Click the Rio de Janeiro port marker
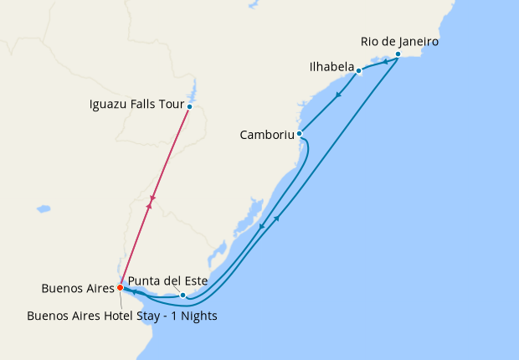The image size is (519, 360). (398, 54)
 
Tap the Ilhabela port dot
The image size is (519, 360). (358, 70)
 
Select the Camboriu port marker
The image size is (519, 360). (299, 133)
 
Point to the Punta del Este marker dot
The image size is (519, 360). (182, 296)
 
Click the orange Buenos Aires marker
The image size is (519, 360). (121, 287)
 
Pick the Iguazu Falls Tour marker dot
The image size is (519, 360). (190, 106)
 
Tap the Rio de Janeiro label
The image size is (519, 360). (399, 41)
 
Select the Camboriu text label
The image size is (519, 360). (266, 134)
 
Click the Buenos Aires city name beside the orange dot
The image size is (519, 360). (77, 289)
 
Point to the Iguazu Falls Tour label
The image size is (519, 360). (135, 105)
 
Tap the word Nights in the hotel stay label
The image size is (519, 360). (198, 316)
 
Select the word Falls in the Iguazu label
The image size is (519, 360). (140, 105)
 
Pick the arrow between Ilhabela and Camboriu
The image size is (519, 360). (337, 95)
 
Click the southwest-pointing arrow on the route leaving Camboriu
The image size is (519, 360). (262, 226)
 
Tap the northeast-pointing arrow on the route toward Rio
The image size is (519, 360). (276, 219)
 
